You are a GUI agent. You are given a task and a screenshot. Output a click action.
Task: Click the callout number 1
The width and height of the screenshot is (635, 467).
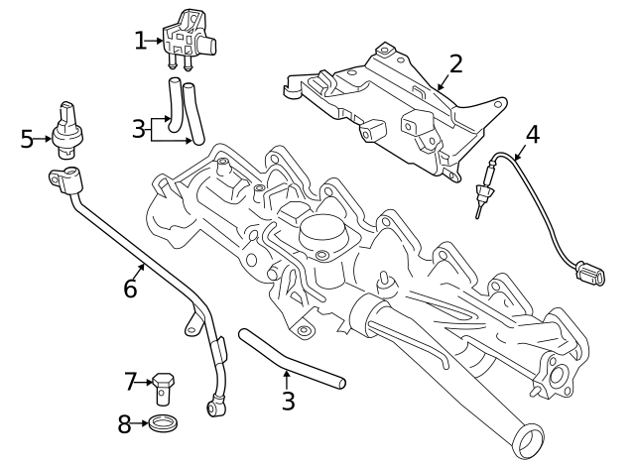tap(140, 41)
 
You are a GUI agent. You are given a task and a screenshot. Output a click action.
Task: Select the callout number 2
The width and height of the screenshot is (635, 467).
tap(455, 64)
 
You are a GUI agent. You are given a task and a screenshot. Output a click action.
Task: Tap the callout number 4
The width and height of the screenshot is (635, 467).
tap(532, 134)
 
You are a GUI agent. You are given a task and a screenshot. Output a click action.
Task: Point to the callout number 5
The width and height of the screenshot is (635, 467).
tap(27, 139)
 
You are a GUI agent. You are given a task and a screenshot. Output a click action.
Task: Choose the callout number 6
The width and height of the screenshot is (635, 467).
tap(130, 289)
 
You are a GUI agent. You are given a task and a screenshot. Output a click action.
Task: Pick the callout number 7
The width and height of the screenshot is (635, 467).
tap(131, 381)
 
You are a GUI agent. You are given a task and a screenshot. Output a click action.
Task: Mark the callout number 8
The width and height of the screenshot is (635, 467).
tap(124, 425)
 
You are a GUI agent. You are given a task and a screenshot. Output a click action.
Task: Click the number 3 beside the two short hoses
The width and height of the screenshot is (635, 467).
tap(138, 128)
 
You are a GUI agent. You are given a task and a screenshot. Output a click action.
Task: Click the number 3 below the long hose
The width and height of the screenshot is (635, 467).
tap(288, 402)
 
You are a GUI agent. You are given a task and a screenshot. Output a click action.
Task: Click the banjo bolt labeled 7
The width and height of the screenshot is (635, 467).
tap(164, 385)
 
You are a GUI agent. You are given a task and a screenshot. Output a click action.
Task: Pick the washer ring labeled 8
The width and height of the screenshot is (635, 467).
tap(164, 425)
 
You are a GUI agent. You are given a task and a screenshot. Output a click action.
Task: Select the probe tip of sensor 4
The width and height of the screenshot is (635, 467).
tap(483, 204)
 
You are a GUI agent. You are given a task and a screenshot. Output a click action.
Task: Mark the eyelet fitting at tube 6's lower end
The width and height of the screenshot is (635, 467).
tap(216, 407)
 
